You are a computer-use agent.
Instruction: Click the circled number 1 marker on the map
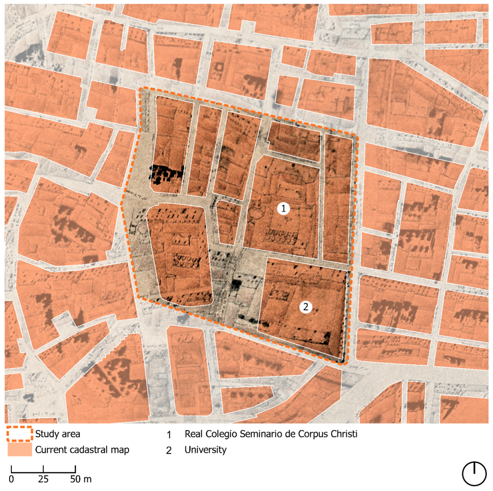coord(283,209)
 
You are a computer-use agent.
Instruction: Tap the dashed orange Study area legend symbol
coord(20,434)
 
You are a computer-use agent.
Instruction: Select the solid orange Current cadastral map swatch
coord(20,449)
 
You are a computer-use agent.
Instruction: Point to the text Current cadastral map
coord(82,450)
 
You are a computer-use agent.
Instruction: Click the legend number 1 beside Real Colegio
coord(169,434)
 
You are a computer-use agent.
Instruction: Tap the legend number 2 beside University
coord(169,450)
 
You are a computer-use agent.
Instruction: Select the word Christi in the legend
coord(344,434)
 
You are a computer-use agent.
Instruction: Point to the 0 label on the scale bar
coord(11,479)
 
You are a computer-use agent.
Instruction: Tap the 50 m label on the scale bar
coord(81,479)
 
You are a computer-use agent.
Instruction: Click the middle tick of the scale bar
coord(43,469)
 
